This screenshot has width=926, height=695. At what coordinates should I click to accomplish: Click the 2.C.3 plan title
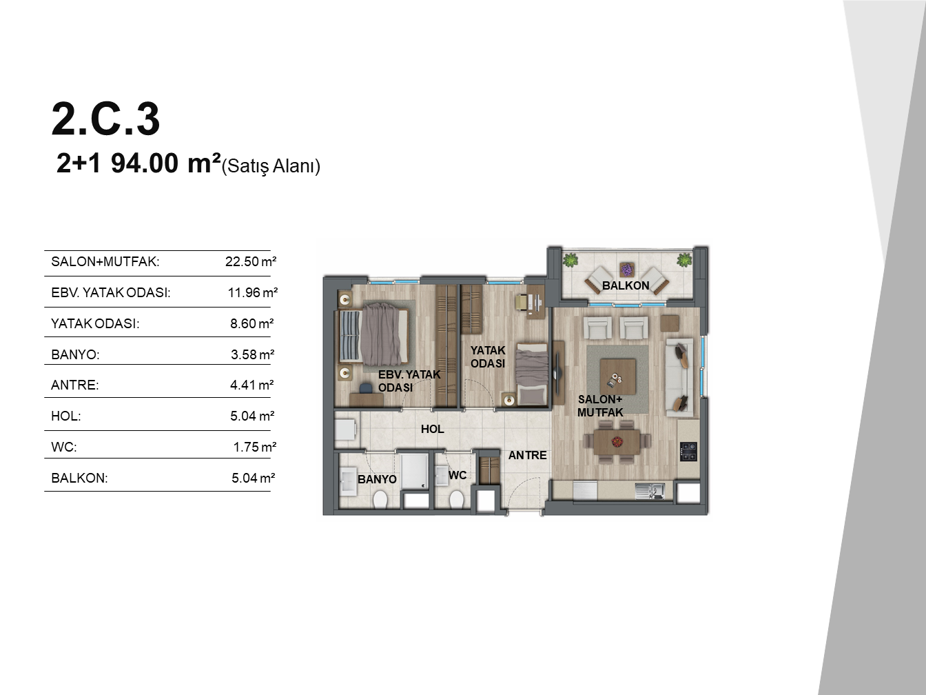(105, 119)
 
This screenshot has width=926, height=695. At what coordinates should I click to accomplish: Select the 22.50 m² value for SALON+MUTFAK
(251, 261)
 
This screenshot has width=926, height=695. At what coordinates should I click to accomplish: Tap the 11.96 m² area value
(253, 292)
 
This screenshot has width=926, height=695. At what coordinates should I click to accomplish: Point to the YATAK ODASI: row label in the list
(95, 323)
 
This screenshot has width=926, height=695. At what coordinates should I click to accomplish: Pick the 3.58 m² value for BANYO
(252, 354)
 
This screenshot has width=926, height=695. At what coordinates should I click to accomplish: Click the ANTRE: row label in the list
(74, 385)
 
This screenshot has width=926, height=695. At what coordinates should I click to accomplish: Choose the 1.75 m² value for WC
(255, 447)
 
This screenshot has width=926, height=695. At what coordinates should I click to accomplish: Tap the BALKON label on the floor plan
(626, 285)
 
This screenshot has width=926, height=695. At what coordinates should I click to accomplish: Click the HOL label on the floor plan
(433, 429)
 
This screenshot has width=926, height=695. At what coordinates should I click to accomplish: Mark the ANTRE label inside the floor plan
(527, 455)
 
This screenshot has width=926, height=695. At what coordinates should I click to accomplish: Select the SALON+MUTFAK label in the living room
(600, 406)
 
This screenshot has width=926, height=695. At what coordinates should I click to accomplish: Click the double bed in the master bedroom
(373, 336)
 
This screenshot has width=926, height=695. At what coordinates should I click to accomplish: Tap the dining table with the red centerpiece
(617, 442)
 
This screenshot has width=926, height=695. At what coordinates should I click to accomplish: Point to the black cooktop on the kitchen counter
(688, 452)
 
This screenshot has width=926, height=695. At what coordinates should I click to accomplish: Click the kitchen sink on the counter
(650, 490)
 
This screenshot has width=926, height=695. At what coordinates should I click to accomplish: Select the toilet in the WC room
(457, 499)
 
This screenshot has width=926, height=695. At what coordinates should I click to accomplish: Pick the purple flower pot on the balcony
(627, 269)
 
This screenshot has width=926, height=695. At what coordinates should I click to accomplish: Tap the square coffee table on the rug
(617, 376)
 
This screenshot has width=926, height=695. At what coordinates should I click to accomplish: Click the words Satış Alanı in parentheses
(271, 166)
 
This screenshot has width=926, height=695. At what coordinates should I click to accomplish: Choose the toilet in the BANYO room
(380, 499)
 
